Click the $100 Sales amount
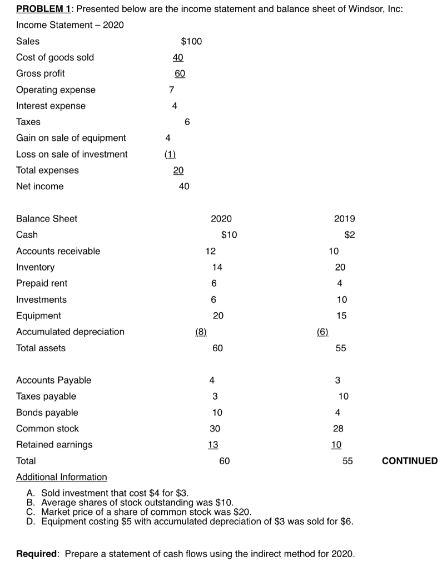click(192, 41)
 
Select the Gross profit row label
click(40, 73)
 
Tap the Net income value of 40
click(184, 186)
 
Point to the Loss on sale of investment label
click(72, 154)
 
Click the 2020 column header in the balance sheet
click(221, 219)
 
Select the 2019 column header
click(344, 219)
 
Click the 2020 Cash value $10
click(229, 235)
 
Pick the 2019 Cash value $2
click(349, 235)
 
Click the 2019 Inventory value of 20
click(340, 267)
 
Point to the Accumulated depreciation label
click(70, 332)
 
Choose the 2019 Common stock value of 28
click(338, 429)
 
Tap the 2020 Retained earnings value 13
click(212, 445)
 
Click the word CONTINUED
click(410, 461)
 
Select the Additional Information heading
click(61, 477)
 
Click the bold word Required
click(37, 554)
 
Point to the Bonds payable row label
click(47, 412)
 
